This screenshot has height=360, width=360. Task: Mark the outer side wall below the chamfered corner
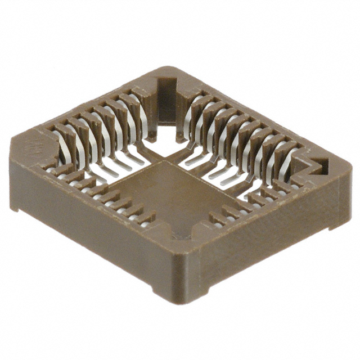coord(84,225)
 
